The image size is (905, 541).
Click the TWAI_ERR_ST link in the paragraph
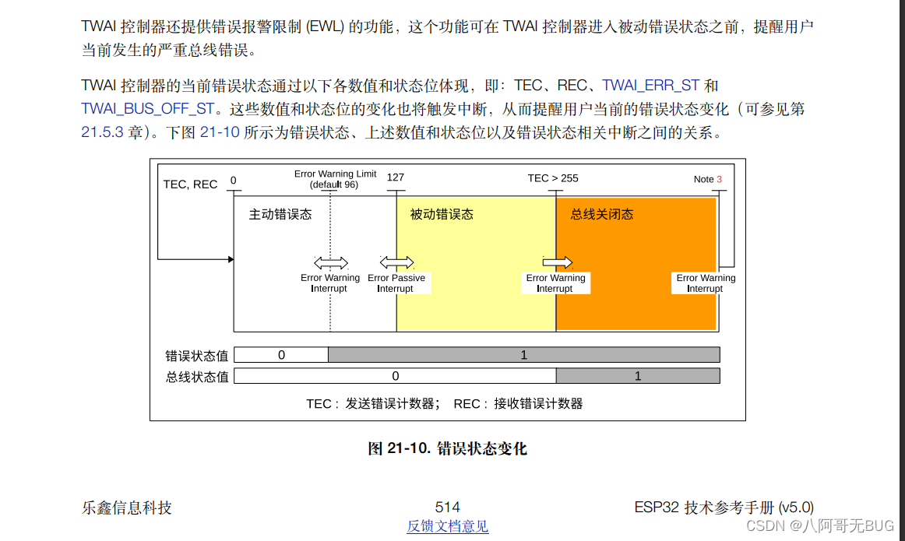pyautogui.click(x=651, y=86)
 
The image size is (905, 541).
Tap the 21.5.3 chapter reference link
pyautogui.click(x=103, y=132)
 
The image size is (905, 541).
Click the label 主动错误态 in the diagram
pyautogui.click(x=280, y=214)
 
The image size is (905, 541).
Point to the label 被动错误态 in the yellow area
pyautogui.click(x=442, y=214)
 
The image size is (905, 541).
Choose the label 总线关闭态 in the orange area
pyautogui.click(x=602, y=214)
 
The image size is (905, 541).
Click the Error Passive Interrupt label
pyautogui.click(x=396, y=283)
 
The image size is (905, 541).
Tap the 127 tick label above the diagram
pyautogui.click(x=396, y=177)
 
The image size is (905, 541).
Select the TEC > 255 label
pyautogui.click(x=553, y=178)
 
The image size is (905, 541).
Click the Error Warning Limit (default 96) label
pyautogui.click(x=335, y=179)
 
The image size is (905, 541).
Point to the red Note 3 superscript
pyautogui.click(x=720, y=179)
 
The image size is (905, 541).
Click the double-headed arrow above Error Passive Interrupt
pyautogui.click(x=396, y=262)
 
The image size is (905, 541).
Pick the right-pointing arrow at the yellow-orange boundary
pyautogui.click(x=558, y=262)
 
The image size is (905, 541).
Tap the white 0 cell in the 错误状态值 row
pyautogui.click(x=281, y=355)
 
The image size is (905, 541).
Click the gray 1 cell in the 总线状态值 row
pyautogui.click(x=638, y=376)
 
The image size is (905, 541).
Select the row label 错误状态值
pyautogui.click(x=197, y=356)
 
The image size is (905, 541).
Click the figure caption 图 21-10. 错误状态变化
pyautogui.click(x=448, y=448)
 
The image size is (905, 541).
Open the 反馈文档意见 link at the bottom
pyautogui.click(x=448, y=527)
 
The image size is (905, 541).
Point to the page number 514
pyautogui.click(x=448, y=508)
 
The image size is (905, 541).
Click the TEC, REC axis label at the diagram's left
pyautogui.click(x=190, y=184)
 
